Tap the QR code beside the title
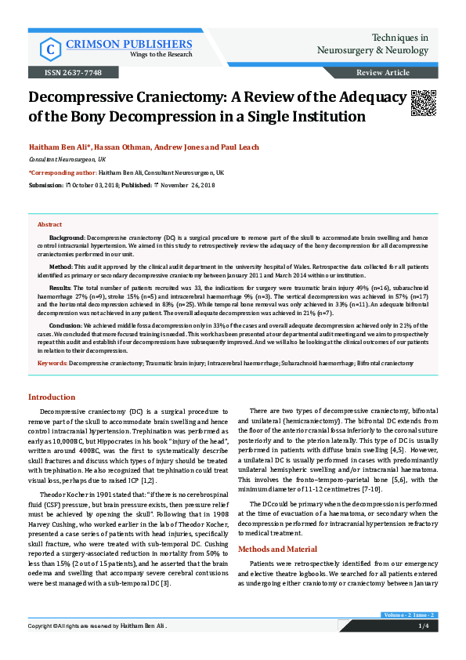(x=423, y=103)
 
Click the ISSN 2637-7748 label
(x=54, y=72)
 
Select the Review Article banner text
(x=382, y=72)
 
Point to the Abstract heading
(x=49, y=223)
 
